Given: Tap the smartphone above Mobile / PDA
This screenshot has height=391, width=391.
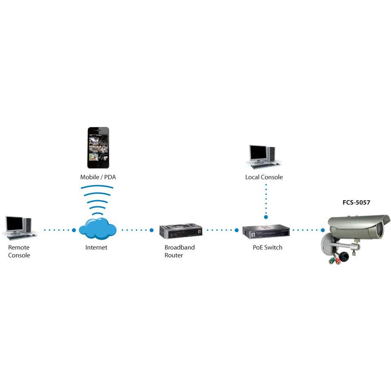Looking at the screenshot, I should (98, 148).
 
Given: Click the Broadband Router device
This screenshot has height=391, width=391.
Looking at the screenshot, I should (181, 231).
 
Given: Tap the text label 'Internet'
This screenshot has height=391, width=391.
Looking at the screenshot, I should (96, 247).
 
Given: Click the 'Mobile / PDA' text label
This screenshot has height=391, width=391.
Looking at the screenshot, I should (98, 177).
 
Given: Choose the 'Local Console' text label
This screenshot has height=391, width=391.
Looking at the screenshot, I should (264, 177).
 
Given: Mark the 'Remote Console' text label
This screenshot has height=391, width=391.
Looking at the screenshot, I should (19, 251).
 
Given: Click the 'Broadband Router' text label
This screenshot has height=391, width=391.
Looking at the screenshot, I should (179, 251).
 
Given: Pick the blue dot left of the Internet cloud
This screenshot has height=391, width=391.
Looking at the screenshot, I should (74, 230).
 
